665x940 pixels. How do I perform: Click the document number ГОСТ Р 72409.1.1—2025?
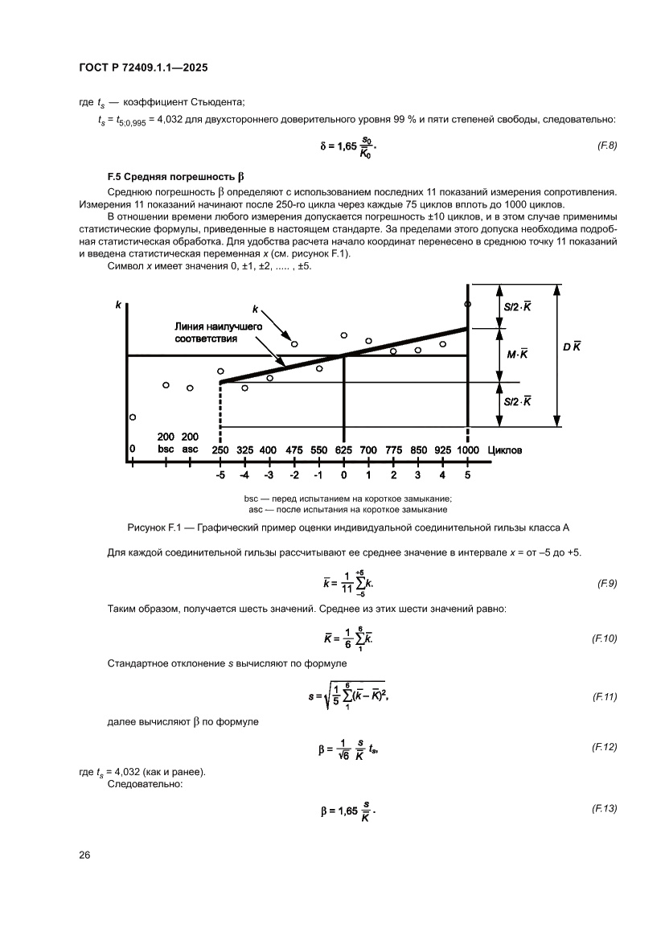[x=144, y=69]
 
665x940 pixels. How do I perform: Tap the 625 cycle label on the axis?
[x=343, y=450]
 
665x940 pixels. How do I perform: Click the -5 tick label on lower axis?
[x=220, y=474]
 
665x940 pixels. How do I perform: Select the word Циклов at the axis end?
[x=504, y=450]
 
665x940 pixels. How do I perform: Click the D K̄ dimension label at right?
[x=572, y=347]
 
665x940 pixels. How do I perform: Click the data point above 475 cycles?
[x=294, y=344]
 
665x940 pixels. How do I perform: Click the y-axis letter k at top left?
[x=118, y=305]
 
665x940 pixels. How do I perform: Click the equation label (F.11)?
[x=604, y=696]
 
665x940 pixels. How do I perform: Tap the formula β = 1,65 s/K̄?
[x=348, y=811]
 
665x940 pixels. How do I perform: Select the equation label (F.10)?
[x=604, y=638]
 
